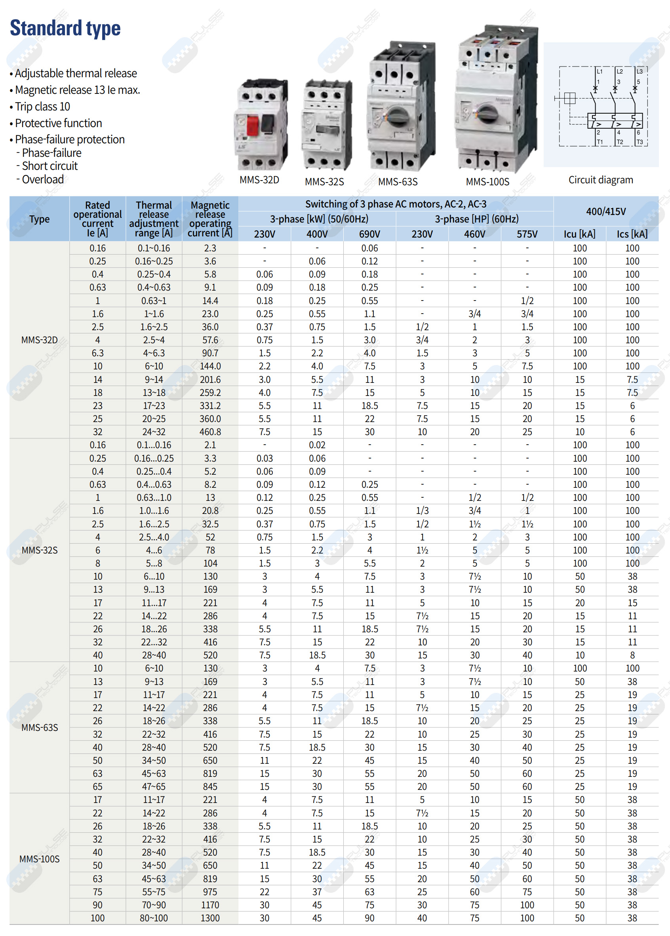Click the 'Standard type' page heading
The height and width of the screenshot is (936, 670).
65,28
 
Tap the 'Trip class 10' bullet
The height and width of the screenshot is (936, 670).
42,107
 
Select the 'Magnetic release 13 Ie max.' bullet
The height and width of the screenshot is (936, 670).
77,90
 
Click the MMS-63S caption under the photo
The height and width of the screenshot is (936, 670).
398,181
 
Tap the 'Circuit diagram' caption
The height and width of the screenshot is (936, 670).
600,180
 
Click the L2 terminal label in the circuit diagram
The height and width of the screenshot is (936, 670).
620,71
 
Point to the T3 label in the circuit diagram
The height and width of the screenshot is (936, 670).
640,142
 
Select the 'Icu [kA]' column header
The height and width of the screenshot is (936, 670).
579,234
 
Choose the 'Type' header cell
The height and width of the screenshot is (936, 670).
39,219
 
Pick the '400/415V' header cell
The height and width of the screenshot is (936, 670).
605,211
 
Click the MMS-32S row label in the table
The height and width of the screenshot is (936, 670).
39,550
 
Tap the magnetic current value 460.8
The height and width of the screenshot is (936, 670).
210,432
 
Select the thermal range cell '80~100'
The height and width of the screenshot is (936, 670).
154,918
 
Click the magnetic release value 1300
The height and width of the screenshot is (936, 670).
210,918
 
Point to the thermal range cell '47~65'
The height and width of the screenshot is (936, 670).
154,787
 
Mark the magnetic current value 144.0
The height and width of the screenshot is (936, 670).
210,366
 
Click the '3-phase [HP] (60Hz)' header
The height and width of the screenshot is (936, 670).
476,219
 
